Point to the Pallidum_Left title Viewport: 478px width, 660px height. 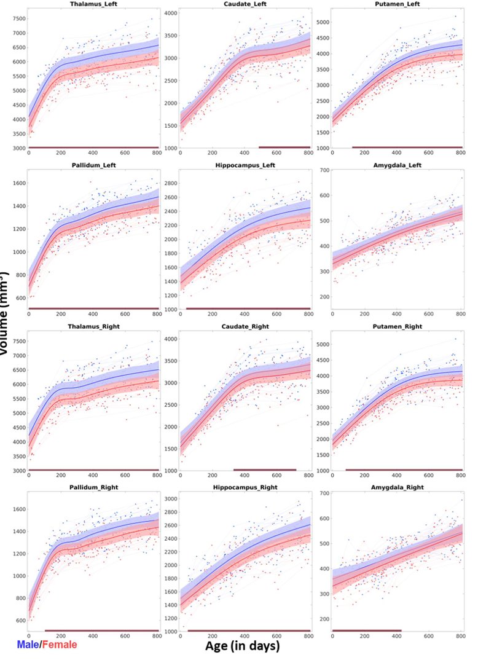click(93, 165)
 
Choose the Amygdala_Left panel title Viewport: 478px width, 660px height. click(398, 165)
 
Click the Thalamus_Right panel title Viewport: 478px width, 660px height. click(93, 327)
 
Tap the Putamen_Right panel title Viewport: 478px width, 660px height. click(398, 327)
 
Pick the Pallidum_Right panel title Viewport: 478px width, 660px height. click(93, 488)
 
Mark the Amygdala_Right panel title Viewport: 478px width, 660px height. click(398, 488)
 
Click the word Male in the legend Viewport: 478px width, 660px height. click(28, 645)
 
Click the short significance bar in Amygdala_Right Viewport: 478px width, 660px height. click(367, 631)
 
